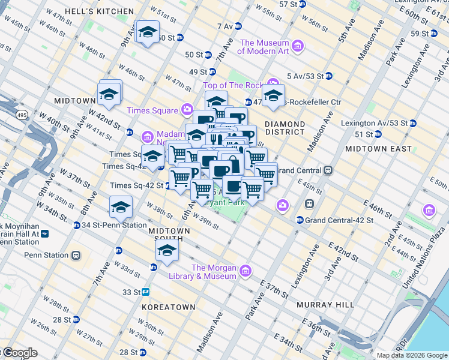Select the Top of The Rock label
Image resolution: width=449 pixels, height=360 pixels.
pos(234,86)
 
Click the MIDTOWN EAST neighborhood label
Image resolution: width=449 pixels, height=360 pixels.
pos(379,148)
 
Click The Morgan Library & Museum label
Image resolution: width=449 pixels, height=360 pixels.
pos(214,272)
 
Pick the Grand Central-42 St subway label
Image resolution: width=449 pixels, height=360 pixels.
pos(339,220)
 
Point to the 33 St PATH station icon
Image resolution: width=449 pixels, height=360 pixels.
pos(146,292)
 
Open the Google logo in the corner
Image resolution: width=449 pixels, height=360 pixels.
pos(19,353)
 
